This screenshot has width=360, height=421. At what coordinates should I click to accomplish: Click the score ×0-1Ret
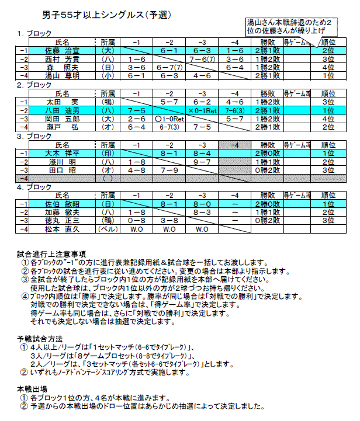point(202,110)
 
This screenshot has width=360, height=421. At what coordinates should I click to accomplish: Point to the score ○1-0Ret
point(169,118)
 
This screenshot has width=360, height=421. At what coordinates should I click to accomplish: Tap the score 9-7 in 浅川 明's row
point(202,161)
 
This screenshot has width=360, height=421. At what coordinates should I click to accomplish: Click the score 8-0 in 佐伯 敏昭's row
point(202,204)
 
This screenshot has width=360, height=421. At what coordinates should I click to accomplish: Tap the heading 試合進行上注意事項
point(51,254)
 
